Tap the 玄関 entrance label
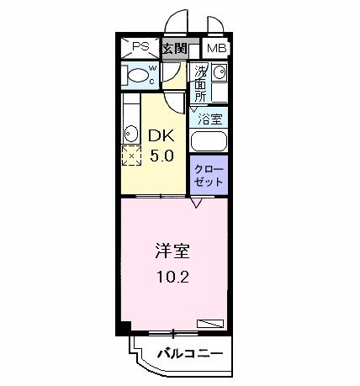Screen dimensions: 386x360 pyautogui.click(x=175, y=48)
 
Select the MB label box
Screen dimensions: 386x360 pyautogui.click(x=216, y=48)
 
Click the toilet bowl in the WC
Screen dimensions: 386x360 pyautogui.click(x=137, y=76)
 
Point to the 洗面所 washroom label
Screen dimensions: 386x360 pyautogui.click(x=200, y=82)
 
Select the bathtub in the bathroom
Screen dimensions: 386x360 pyautogui.click(x=209, y=140)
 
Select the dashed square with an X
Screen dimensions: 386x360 pyautogui.click(x=131, y=156)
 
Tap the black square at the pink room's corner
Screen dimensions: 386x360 pyautogui.click(x=123, y=327)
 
